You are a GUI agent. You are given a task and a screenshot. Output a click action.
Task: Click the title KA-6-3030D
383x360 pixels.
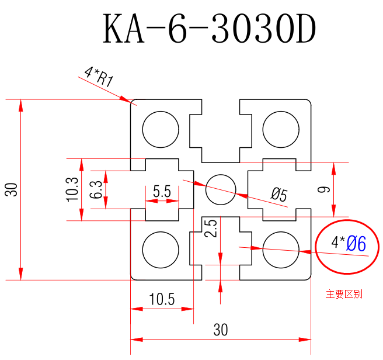tap(209, 30)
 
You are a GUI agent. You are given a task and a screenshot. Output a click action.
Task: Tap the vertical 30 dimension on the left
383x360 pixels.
tap(11, 190)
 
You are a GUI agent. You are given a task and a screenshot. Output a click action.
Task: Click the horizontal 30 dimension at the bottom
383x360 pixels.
tap(220, 330)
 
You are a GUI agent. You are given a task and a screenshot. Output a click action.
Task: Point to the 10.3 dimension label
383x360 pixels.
tap(72, 189)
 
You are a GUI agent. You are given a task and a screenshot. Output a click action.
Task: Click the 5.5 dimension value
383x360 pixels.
tap(162, 191)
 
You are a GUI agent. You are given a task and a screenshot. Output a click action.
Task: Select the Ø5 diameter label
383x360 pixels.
tap(279, 195)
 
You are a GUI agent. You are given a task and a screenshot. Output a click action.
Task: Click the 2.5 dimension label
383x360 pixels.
tap(212, 229)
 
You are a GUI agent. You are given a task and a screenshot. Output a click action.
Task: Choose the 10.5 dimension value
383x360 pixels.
tap(162, 299)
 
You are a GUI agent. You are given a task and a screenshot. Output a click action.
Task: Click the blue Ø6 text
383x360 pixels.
tap(356, 244)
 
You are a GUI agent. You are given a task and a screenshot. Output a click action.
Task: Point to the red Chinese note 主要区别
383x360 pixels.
tap(344, 294)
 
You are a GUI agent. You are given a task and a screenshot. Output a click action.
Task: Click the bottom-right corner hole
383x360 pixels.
tap(280, 249)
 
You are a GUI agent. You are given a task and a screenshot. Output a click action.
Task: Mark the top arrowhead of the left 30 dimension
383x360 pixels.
tap(21, 105)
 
